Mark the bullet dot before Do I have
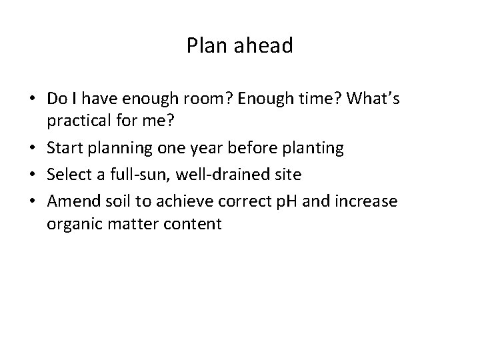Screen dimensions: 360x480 [x=33, y=99]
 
